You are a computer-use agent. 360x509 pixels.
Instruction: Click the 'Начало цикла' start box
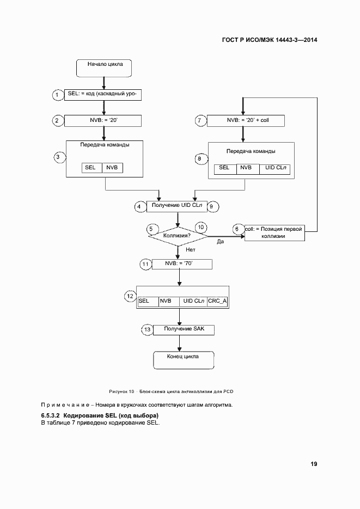(x=105, y=66)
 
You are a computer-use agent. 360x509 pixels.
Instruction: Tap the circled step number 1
(x=58, y=95)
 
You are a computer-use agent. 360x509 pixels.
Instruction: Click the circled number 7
(x=200, y=120)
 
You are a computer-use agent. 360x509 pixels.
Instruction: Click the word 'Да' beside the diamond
(x=221, y=241)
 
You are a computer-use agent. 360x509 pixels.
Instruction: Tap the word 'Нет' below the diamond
(x=191, y=250)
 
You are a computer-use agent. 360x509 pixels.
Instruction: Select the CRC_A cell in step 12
(x=217, y=301)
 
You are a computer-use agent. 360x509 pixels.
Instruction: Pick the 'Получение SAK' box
(x=183, y=329)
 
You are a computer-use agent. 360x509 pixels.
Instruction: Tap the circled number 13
(x=147, y=329)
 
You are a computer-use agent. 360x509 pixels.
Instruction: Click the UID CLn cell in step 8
(x=275, y=168)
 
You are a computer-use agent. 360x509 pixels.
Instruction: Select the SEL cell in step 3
(x=90, y=168)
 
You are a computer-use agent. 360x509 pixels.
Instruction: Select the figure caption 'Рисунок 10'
(x=122, y=391)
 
